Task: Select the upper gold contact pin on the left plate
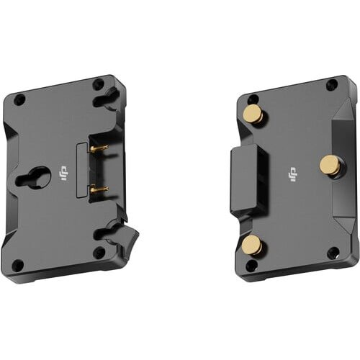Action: pos(99,148)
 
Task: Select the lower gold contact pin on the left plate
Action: pos(99,189)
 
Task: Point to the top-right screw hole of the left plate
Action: pos(98,84)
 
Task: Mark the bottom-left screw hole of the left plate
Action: pos(20,263)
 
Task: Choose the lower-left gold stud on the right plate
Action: pos(252,246)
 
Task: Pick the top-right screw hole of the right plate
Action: pos(330,86)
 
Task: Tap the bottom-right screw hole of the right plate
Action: pos(332,253)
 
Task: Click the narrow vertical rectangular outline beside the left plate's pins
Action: pos(83,170)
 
